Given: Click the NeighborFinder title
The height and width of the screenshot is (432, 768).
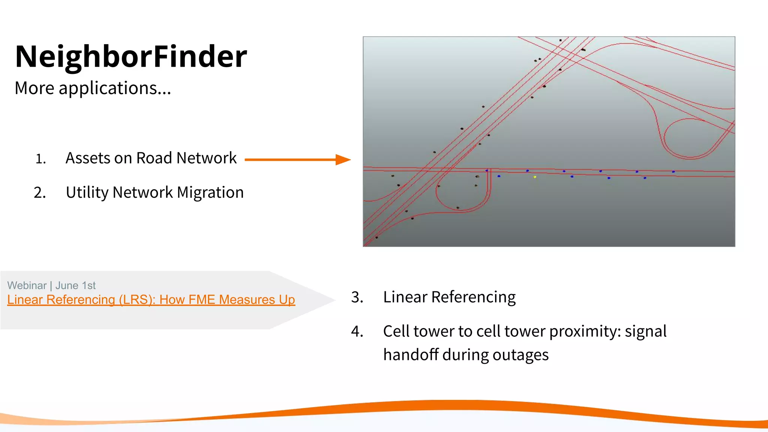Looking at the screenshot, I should (x=131, y=56).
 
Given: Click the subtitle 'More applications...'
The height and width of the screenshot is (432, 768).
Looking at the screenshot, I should (x=93, y=88).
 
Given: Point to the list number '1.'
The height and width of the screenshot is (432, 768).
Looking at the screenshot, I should (x=40, y=159).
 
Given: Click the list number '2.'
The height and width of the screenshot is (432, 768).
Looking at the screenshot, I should (x=40, y=193).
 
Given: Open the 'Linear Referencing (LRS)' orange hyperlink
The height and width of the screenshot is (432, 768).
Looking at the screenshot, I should (x=151, y=300).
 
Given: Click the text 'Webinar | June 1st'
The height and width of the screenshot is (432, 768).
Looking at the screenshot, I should (x=51, y=285).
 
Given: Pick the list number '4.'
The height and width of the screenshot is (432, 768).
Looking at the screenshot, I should (x=357, y=332).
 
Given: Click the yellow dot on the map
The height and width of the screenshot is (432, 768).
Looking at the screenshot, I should (x=535, y=177).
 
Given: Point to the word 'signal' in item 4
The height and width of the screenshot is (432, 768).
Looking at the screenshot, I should (x=645, y=331).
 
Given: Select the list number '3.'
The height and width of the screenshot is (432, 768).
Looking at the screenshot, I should (x=357, y=297).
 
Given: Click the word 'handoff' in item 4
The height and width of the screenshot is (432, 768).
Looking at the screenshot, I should (x=411, y=355).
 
